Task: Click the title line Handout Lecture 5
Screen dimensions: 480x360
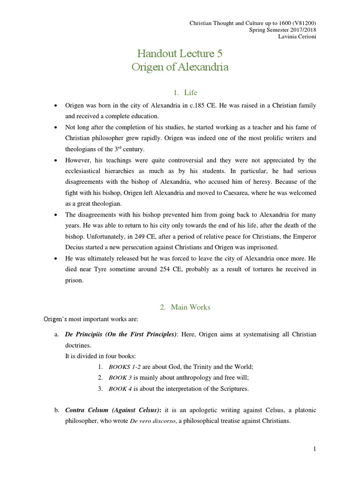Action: coord(180,52)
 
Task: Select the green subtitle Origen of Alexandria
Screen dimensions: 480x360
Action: coord(180,67)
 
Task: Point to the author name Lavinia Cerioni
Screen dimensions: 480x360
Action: coord(297,37)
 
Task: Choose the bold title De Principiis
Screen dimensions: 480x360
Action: coord(86,334)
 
